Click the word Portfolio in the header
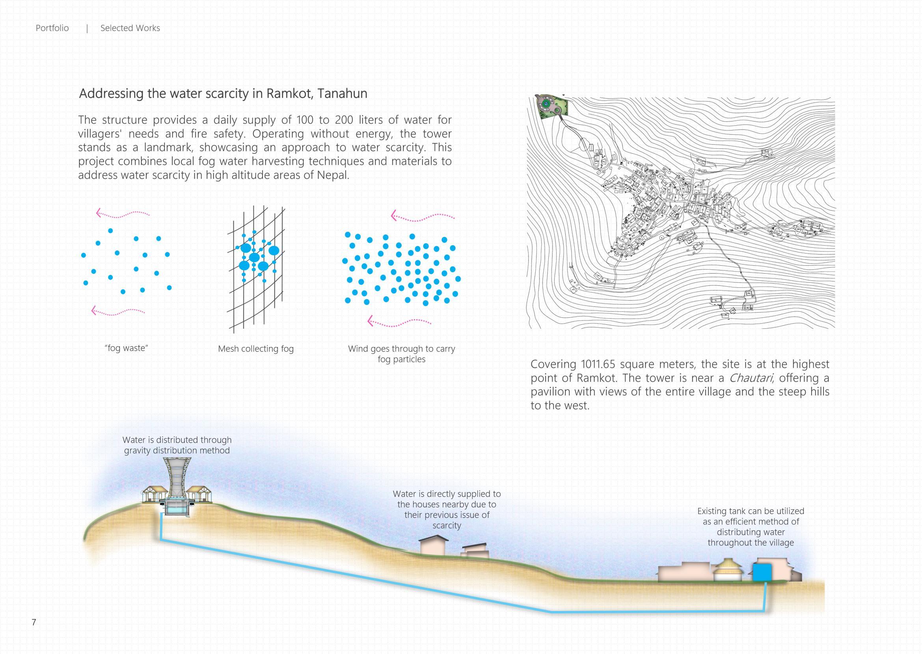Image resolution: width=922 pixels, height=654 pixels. [52, 28]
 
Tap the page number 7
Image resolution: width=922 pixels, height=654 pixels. [34, 622]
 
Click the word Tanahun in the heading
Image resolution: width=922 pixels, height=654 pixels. [342, 93]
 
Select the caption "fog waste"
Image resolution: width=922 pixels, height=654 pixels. [127, 348]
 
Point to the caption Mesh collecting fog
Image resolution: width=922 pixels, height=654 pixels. [256, 349]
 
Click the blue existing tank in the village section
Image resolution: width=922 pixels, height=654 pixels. [762, 572]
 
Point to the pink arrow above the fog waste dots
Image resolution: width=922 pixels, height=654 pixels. [123, 213]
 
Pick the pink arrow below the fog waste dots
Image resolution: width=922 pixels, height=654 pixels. [118, 311]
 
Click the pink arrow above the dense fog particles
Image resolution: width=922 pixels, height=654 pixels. [423, 217]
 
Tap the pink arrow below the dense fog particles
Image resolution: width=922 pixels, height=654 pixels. [399, 322]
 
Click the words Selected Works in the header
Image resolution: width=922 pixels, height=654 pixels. [130, 28]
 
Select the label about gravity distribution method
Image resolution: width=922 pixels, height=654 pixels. [177, 445]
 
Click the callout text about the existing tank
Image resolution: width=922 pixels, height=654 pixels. [751, 527]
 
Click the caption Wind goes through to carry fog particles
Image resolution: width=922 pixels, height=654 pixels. [401, 354]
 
